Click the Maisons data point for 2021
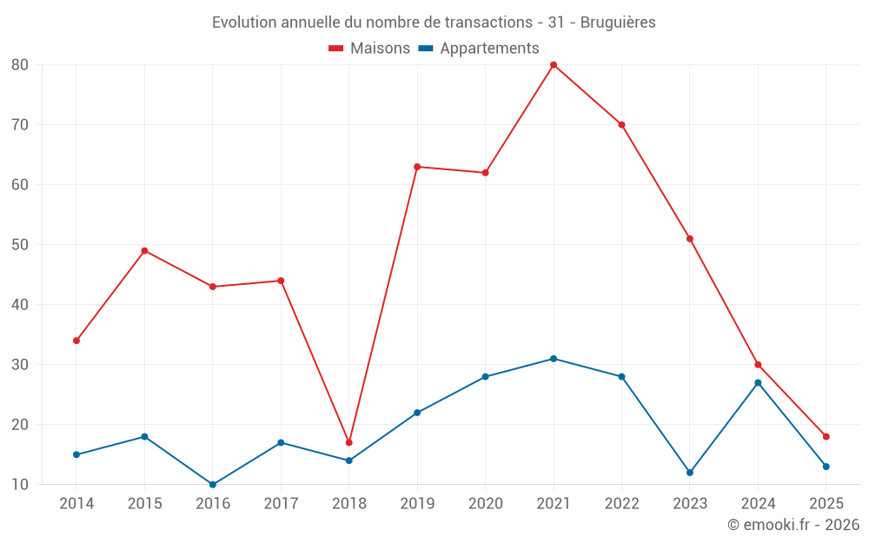[554, 65]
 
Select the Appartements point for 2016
[213, 484]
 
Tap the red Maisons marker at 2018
[349, 442]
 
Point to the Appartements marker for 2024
[758, 382]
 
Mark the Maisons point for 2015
[145, 251]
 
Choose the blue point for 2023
[690, 473]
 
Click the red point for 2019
[417, 167]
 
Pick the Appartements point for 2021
[554, 359]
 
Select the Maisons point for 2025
[826, 436]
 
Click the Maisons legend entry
[369, 49]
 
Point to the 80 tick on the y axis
[20, 65]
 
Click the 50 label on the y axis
[20, 245]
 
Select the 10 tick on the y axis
[20, 485]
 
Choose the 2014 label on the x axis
[76, 504]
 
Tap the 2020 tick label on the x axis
[485, 504]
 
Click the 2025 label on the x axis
[826, 504]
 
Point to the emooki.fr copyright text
[793, 525]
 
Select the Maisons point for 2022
[621, 125]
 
